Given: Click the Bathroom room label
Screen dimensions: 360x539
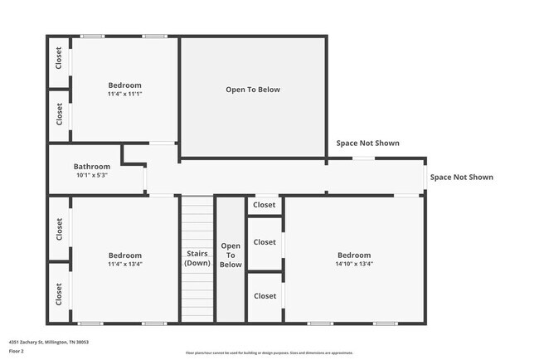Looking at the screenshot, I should pos(91,166).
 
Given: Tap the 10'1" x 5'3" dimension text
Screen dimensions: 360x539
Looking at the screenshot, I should pos(91,175).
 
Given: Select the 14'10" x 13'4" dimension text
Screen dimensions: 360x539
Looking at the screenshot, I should pos(354,265).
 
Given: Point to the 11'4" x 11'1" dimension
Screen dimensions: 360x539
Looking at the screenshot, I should pos(125,94).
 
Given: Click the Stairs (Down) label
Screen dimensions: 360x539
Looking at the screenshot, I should pos(197,258).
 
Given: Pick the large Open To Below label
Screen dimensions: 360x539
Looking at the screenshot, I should pos(253,90).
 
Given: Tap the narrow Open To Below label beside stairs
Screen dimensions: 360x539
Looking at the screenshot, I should pos(231,255).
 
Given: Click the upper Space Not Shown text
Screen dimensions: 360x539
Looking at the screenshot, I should pos(367,144).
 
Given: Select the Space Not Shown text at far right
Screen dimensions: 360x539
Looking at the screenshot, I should pos(461,177).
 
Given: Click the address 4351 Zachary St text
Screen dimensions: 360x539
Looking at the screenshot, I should pos(48,342).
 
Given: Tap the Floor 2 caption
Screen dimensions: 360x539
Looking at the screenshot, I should pos(17,351).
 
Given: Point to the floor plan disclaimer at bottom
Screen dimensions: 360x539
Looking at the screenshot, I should pos(269,352).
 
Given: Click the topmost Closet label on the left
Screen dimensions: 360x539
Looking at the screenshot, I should pos(59,57).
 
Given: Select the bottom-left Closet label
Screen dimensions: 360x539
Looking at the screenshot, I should pos(59,293).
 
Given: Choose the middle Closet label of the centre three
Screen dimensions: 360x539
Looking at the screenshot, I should pos(265,242).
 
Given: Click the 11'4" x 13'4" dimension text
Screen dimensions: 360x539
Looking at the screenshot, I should pos(125,265).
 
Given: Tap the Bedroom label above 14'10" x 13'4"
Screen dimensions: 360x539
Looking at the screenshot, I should pos(354,255).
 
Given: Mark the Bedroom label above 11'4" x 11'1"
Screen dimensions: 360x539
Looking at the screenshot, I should pos(125,85).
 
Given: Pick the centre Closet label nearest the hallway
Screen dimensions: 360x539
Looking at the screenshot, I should pos(265,205).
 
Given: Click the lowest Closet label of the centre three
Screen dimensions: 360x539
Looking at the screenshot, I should pos(265,296).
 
